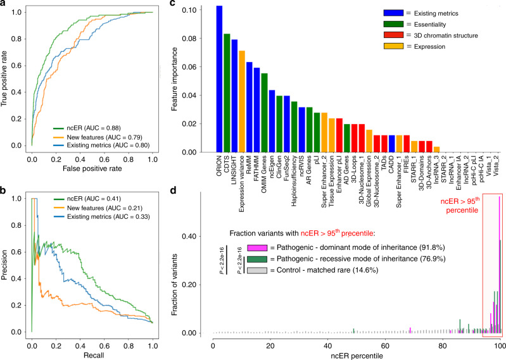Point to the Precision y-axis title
6,272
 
